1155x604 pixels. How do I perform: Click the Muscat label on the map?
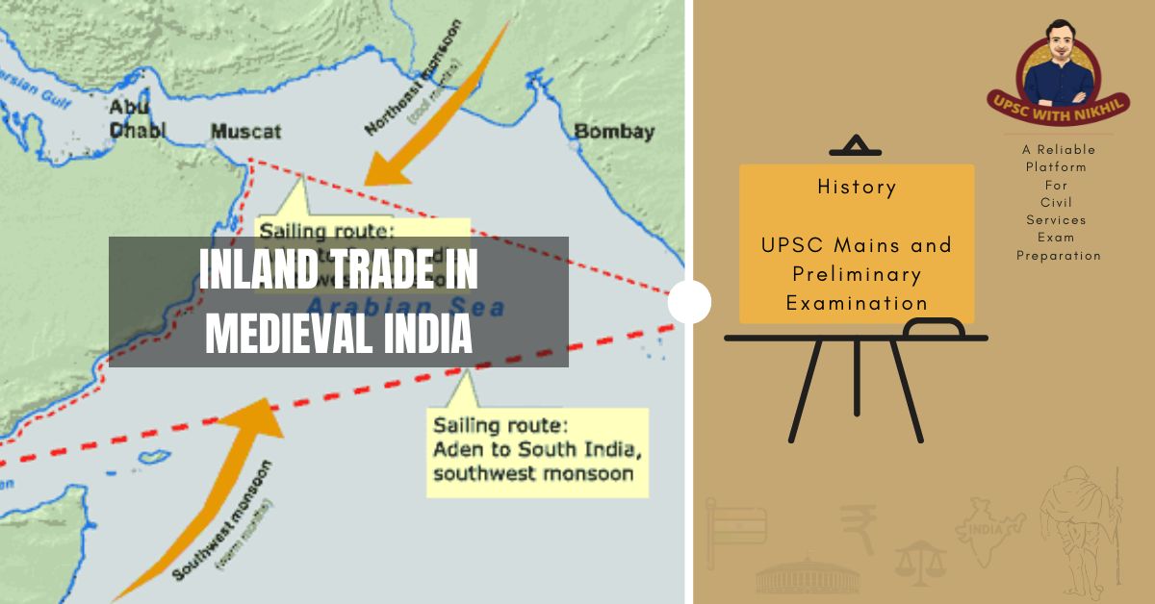click(245, 131)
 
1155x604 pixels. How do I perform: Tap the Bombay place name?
click(614, 132)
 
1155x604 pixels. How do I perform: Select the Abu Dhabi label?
click(137, 118)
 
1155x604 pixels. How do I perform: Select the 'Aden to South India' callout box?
click(537, 450)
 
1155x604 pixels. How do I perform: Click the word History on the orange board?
click(856, 187)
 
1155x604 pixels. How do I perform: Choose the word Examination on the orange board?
click(857, 303)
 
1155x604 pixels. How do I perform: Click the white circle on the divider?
click(689, 303)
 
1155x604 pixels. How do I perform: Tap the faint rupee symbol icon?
click(858, 527)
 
